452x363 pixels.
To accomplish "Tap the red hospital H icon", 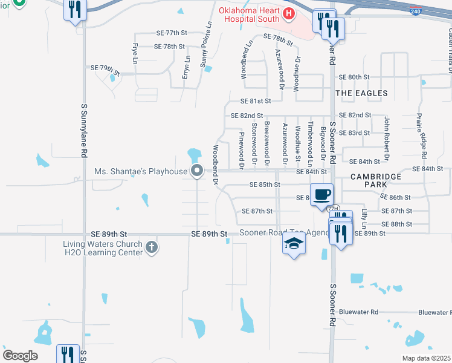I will (289, 13).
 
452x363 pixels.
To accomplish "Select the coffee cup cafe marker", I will (323, 194).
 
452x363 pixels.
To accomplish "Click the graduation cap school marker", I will (294, 243).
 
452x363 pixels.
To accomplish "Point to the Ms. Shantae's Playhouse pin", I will (196, 171).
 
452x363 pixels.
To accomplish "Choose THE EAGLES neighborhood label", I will (361, 93).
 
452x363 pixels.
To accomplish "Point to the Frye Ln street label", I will (135, 53).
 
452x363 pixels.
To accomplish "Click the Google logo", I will (21, 356).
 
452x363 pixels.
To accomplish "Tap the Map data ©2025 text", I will (426, 358).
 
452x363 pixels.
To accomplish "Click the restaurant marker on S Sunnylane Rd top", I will (76, 10).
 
